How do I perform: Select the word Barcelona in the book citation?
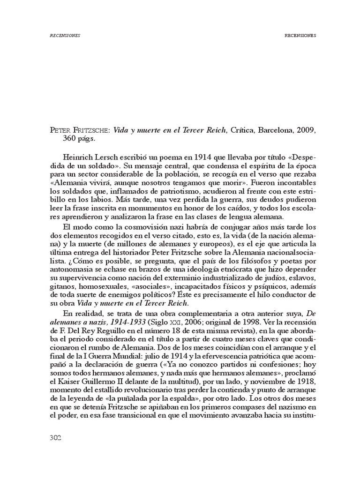pos(274,130)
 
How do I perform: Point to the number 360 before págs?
pos(72,139)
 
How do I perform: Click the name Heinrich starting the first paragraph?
pos(77,156)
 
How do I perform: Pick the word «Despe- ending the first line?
pos(299,156)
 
